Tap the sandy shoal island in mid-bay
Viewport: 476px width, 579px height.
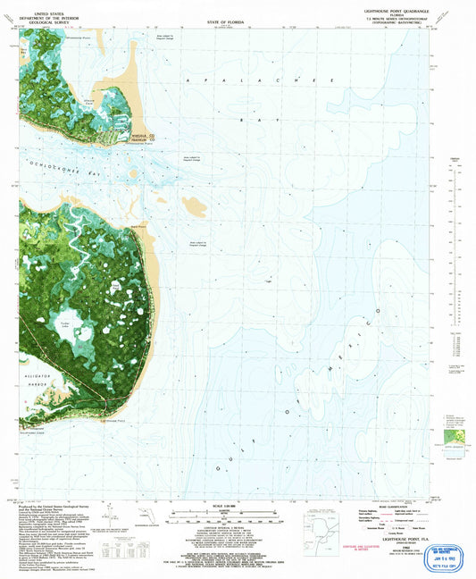(x=194, y=207)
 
